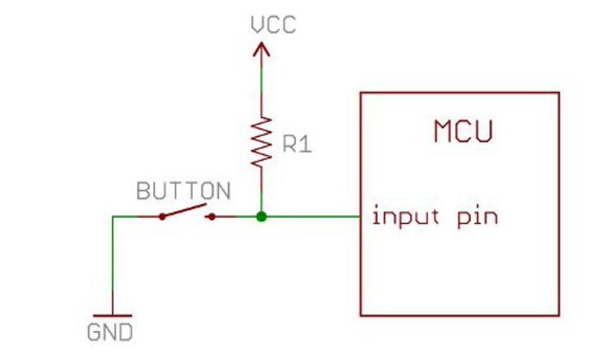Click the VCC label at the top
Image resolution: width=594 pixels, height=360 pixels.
coord(273,24)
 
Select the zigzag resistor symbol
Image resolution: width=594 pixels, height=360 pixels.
coord(262,141)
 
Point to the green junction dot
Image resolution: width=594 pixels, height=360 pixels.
coord(262,216)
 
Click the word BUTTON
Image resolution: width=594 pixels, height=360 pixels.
coord(183,190)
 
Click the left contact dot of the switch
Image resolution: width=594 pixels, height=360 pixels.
coord(162,216)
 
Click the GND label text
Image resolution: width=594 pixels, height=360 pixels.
coord(112,331)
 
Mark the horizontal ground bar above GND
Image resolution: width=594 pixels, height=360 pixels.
coord(112,316)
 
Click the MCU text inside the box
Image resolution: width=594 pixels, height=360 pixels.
coord(462,133)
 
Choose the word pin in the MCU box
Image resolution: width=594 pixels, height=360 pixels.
coord(478,216)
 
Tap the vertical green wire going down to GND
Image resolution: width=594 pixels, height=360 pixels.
coord(113,267)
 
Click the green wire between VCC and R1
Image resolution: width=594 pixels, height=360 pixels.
coord(262,86)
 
